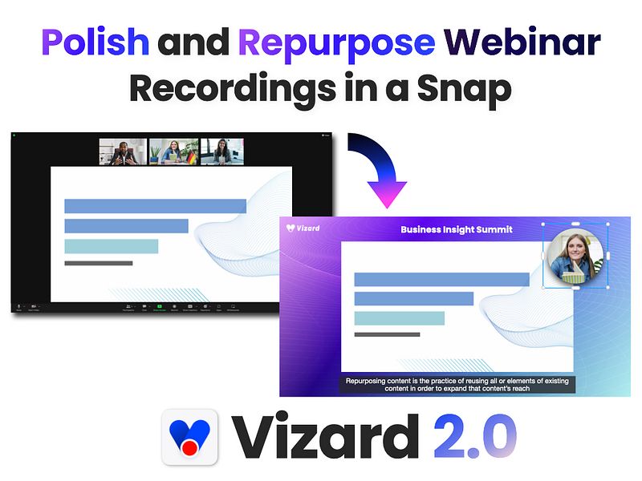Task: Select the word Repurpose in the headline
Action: click(337, 42)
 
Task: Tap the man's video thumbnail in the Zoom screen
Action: click(123, 152)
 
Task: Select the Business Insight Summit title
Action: click(456, 229)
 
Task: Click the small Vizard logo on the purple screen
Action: click(303, 228)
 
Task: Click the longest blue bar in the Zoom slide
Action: click(155, 206)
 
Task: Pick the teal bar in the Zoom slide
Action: click(111, 246)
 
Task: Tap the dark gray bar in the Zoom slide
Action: click(98, 263)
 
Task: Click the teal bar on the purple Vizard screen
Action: click(399, 318)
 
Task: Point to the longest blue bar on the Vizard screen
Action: click(441, 279)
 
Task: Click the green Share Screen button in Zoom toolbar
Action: click(159, 307)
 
